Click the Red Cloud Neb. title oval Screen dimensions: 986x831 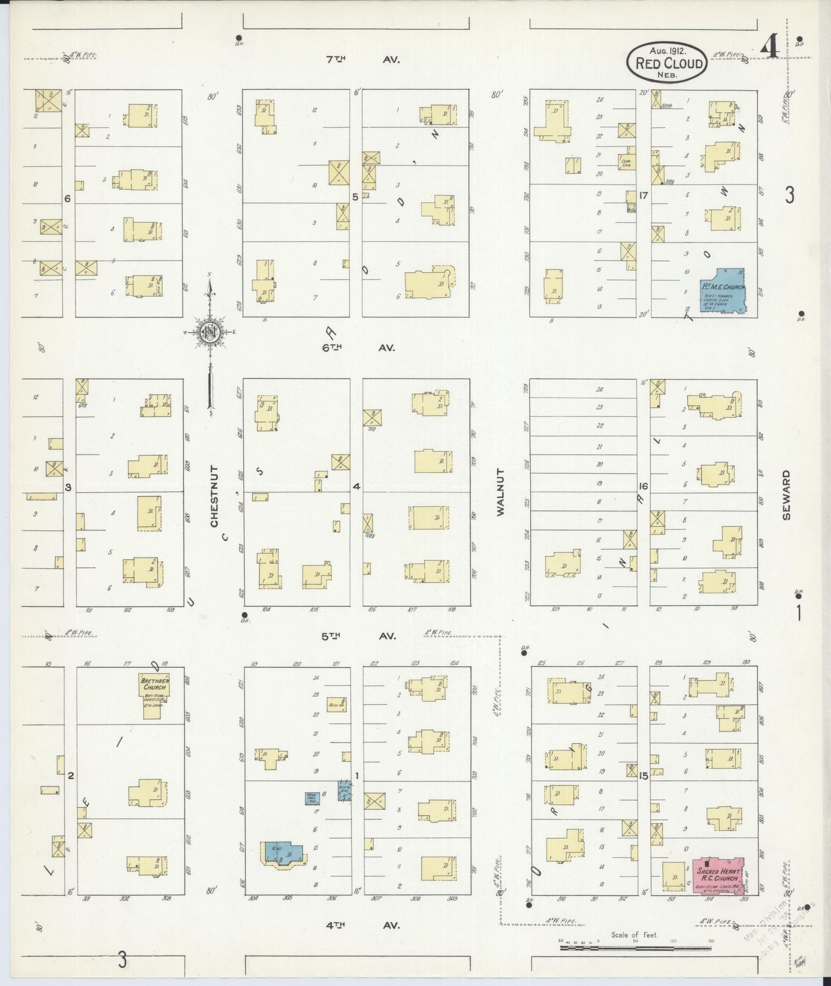click(x=667, y=62)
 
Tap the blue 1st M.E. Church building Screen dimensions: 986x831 click(x=722, y=291)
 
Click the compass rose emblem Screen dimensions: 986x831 click(x=209, y=332)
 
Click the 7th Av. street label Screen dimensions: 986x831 click(x=362, y=59)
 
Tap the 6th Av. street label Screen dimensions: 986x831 click(x=362, y=347)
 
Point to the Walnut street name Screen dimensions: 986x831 click(x=500, y=492)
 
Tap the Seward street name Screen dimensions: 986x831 click(x=786, y=495)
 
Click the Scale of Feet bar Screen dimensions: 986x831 click(x=635, y=946)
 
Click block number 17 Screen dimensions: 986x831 click(x=643, y=196)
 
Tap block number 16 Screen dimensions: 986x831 click(x=643, y=486)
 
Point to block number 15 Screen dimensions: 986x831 click(x=643, y=776)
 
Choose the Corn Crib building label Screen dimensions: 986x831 click(x=627, y=162)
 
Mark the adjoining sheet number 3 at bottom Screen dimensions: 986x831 click(x=122, y=960)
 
